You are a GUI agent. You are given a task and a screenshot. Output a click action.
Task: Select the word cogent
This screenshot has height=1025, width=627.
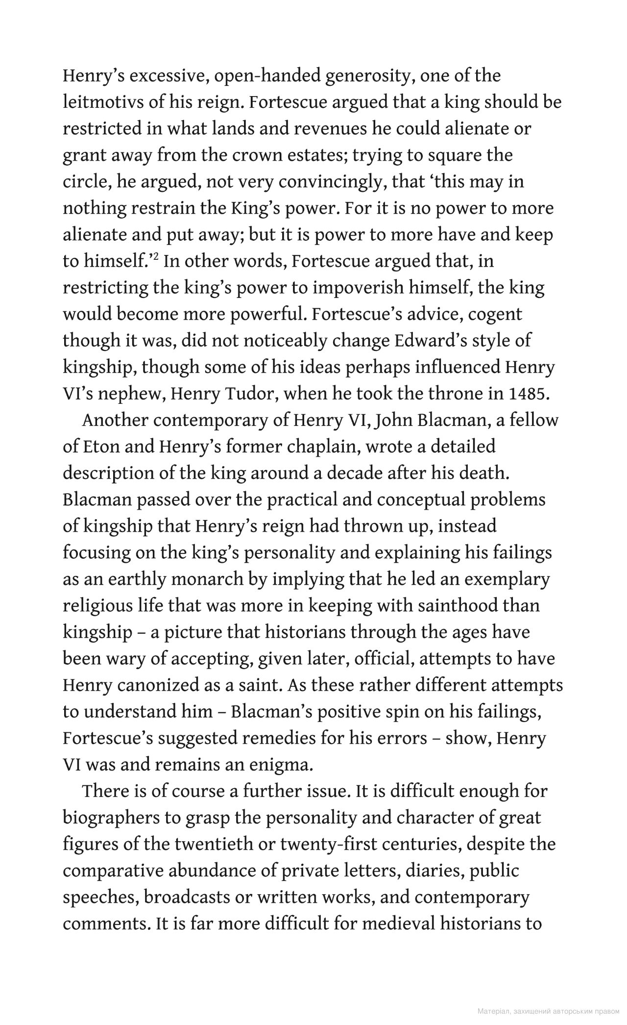coord(495,314)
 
